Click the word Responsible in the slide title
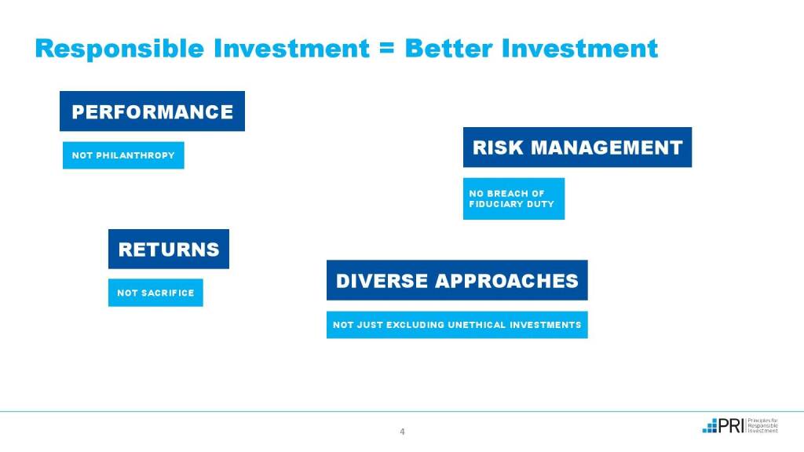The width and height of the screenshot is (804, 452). coord(119,49)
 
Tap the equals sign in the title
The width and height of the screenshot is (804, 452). coord(387,49)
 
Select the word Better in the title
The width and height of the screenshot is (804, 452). coord(448,49)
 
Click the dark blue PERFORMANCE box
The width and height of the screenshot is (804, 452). coord(152,111)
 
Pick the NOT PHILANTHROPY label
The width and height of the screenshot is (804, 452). coord(123,155)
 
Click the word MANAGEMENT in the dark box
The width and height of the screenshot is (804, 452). coord(607,148)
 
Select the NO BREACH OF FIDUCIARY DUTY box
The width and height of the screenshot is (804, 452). coord(513,199)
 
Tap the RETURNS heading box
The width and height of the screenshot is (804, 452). coord(169,249)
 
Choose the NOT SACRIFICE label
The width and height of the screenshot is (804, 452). coord(156,293)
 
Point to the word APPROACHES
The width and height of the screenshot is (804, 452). coord(506,281)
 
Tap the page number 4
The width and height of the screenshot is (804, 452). coord(402,432)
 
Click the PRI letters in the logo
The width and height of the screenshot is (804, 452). coord(731,425)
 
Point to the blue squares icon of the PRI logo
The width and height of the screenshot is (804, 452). coord(710,426)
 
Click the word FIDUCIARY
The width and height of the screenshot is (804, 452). coord(492,204)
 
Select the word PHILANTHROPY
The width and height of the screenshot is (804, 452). coord(135,155)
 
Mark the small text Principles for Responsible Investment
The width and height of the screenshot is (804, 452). coord(763,426)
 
